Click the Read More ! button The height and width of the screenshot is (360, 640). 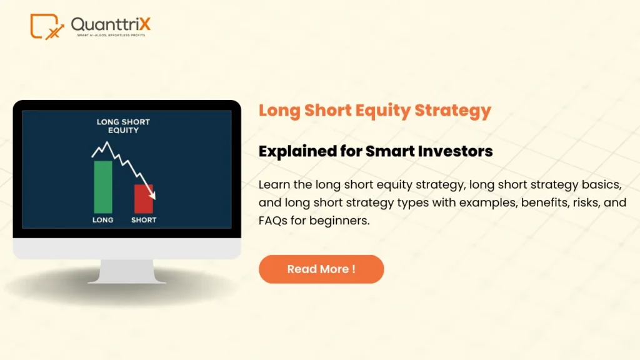pyautogui.click(x=321, y=269)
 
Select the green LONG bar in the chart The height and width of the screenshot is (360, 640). pyautogui.click(x=103, y=187)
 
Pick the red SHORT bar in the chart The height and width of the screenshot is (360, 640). pyautogui.click(x=143, y=199)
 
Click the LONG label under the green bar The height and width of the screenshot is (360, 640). pyautogui.click(x=103, y=220)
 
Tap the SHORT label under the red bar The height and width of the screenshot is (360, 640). pyautogui.click(x=143, y=220)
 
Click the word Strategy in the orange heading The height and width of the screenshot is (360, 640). pyautogui.click(x=456, y=111)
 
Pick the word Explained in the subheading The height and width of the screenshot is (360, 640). pyautogui.click(x=293, y=151)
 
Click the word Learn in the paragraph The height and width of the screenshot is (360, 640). pyautogui.click(x=272, y=185)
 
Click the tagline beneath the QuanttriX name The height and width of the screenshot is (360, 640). pyautogui.click(x=110, y=35)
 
